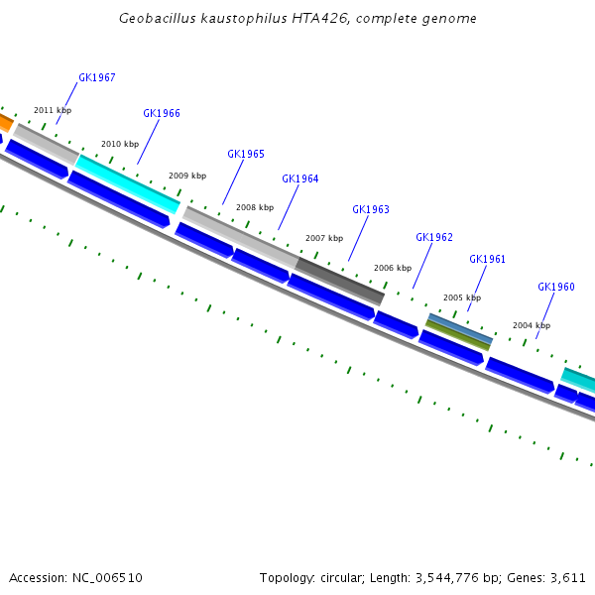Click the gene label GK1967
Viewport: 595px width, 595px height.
point(97,77)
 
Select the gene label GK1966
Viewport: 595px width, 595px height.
point(162,113)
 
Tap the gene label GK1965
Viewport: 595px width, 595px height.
point(246,154)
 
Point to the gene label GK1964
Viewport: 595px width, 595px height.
point(300,178)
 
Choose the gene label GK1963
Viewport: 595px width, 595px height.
point(371,209)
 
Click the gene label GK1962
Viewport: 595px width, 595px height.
point(434,237)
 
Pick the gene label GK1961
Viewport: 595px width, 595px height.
point(488,259)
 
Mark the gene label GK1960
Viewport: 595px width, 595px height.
point(556,287)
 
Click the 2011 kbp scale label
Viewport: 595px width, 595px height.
point(53,110)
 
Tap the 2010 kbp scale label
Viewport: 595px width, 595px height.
point(120,144)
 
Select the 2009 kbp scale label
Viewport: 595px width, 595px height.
point(187,176)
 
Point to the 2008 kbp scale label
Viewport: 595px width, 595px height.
point(255,207)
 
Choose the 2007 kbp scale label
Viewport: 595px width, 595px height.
point(324,238)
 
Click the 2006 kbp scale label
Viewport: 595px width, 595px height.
point(393,268)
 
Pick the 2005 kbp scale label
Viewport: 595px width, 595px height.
point(462,297)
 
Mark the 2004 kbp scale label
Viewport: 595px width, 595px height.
point(532,325)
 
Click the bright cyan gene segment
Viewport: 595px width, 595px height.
point(128,183)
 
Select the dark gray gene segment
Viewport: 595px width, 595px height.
point(340,280)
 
